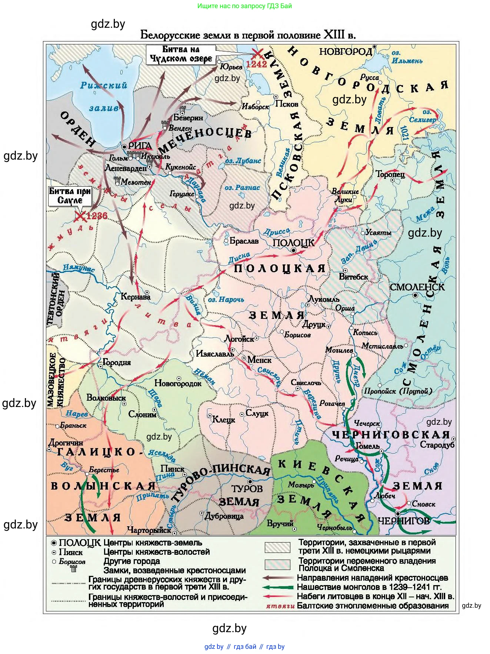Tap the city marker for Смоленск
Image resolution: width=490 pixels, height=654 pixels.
tap(416, 295)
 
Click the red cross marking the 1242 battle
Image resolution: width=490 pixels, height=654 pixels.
tap(258, 54)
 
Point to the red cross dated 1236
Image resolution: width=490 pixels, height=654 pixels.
tap(79, 217)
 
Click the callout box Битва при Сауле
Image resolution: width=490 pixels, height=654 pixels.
tap(70, 196)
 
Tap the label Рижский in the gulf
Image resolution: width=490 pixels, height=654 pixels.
tap(104, 85)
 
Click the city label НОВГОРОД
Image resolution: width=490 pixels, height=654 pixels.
tap(345, 51)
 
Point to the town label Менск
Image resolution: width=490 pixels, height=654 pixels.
tap(259, 360)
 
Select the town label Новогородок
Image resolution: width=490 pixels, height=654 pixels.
tap(178, 384)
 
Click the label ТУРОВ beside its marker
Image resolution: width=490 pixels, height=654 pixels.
tap(247, 488)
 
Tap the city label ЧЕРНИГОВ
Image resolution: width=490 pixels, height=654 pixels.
tap(403, 521)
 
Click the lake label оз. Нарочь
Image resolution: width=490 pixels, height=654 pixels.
tap(226, 299)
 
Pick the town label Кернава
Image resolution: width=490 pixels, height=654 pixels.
tap(136, 297)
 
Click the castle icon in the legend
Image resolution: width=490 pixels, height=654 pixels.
tap(73, 568)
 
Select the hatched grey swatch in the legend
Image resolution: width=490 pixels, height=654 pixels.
tap(277, 547)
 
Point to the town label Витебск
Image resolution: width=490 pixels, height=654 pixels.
tap(353, 277)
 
